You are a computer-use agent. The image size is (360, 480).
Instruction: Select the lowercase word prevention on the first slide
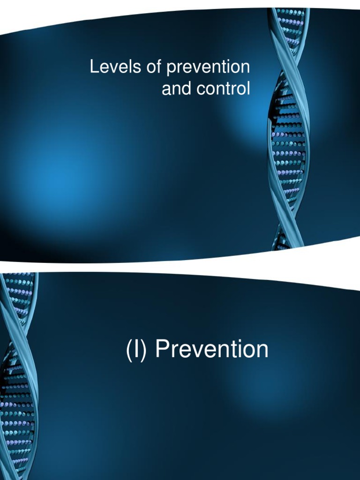(208, 68)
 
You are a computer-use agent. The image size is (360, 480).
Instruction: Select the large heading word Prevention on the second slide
(212, 350)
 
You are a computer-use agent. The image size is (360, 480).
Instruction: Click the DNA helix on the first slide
(287, 127)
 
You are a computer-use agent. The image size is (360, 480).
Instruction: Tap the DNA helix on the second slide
(18, 375)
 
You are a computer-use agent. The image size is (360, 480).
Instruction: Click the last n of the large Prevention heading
(262, 351)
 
